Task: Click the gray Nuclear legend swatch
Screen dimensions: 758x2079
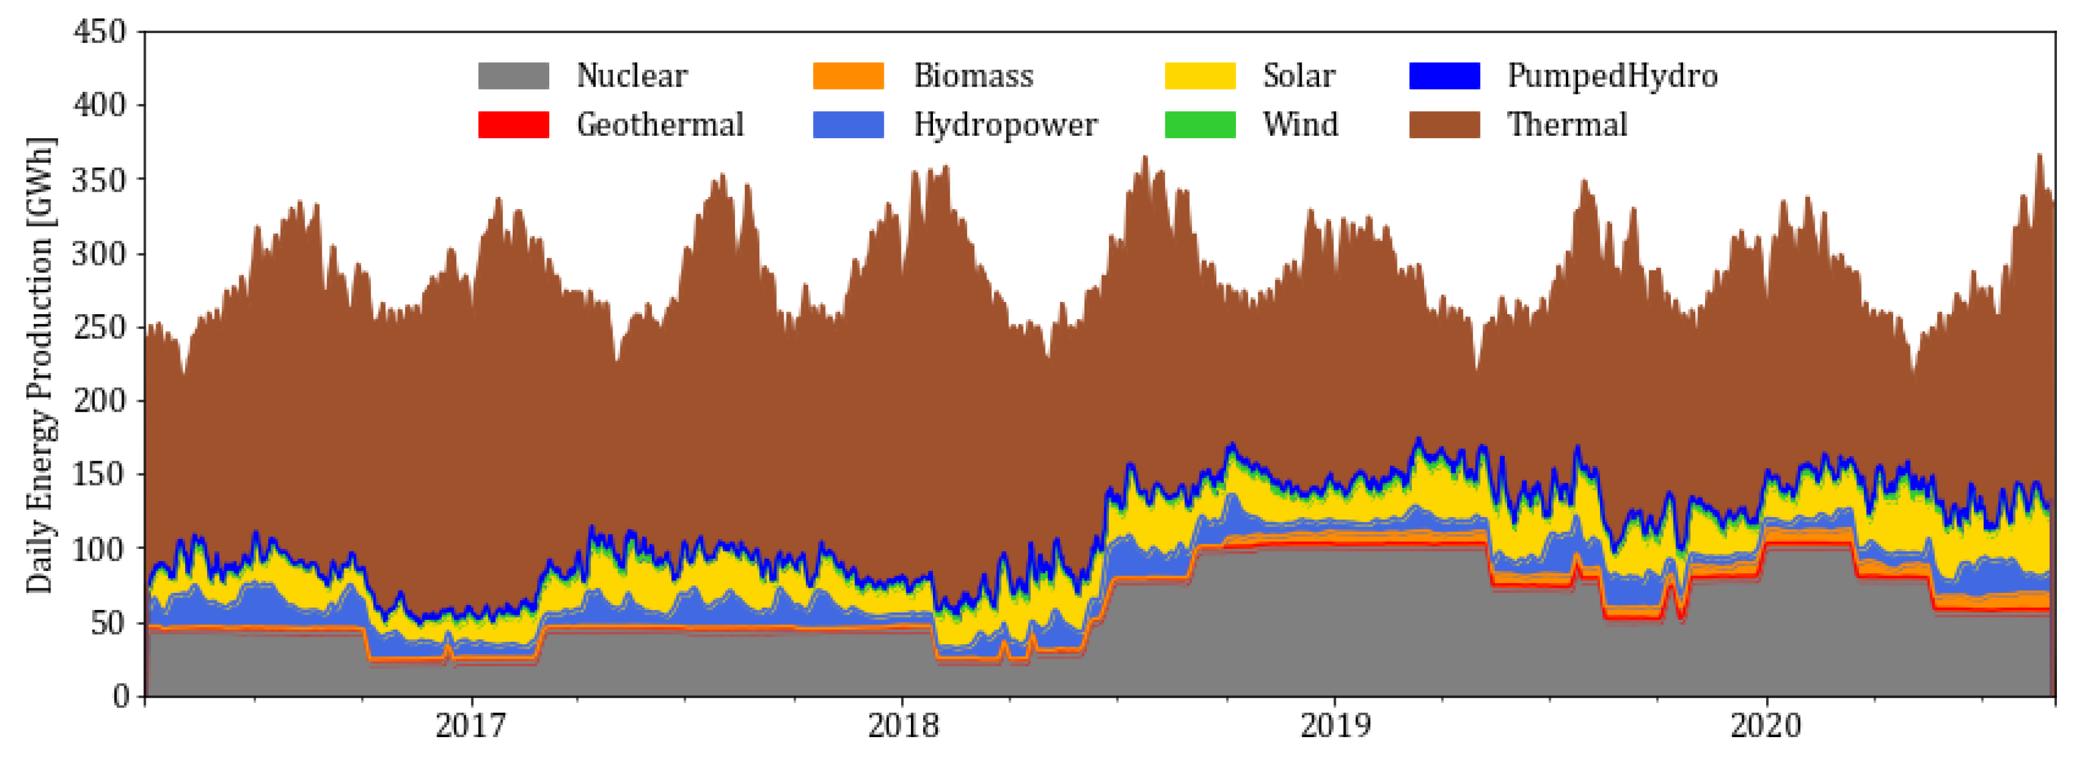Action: pyautogui.click(x=513, y=76)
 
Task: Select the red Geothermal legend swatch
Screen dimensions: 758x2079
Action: pyautogui.click(x=513, y=125)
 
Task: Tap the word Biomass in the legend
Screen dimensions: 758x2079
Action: pyautogui.click(x=974, y=76)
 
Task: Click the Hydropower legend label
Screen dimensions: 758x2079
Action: pyautogui.click(x=1005, y=125)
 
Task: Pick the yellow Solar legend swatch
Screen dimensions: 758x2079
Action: pyautogui.click(x=1200, y=76)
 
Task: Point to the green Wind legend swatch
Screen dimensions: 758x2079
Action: pyautogui.click(x=1200, y=125)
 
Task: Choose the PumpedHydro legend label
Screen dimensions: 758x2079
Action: pyautogui.click(x=1612, y=76)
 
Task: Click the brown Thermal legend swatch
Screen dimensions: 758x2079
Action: pyautogui.click(x=1444, y=125)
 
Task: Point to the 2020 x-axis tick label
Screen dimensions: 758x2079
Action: pyautogui.click(x=1766, y=725)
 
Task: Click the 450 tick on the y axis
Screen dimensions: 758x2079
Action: pyautogui.click(x=99, y=33)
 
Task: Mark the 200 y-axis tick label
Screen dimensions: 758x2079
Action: pyautogui.click(x=99, y=401)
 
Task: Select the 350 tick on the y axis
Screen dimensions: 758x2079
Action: pyautogui.click(x=99, y=180)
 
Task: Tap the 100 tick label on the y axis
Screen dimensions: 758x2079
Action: pyautogui.click(x=99, y=549)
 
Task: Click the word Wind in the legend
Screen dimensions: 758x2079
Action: pyautogui.click(x=1300, y=125)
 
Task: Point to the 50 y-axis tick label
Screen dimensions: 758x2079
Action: pyautogui.click(x=108, y=623)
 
